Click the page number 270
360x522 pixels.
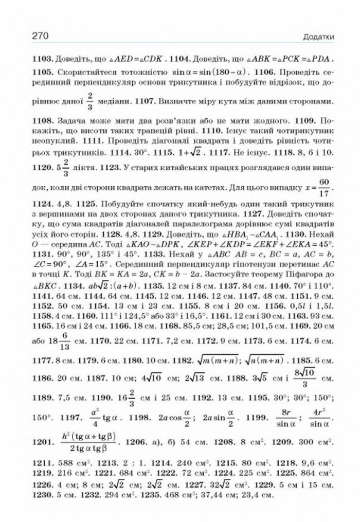41,37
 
